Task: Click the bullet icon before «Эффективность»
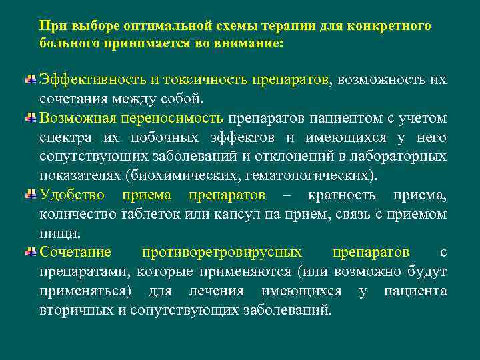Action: pyautogui.click(x=31, y=80)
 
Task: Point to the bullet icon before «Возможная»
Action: pyautogui.click(x=31, y=119)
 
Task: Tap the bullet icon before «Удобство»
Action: pyautogui.click(x=31, y=195)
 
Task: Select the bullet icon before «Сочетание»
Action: pyautogui.click(x=31, y=253)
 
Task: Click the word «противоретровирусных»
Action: pyautogui.click(x=221, y=253)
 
